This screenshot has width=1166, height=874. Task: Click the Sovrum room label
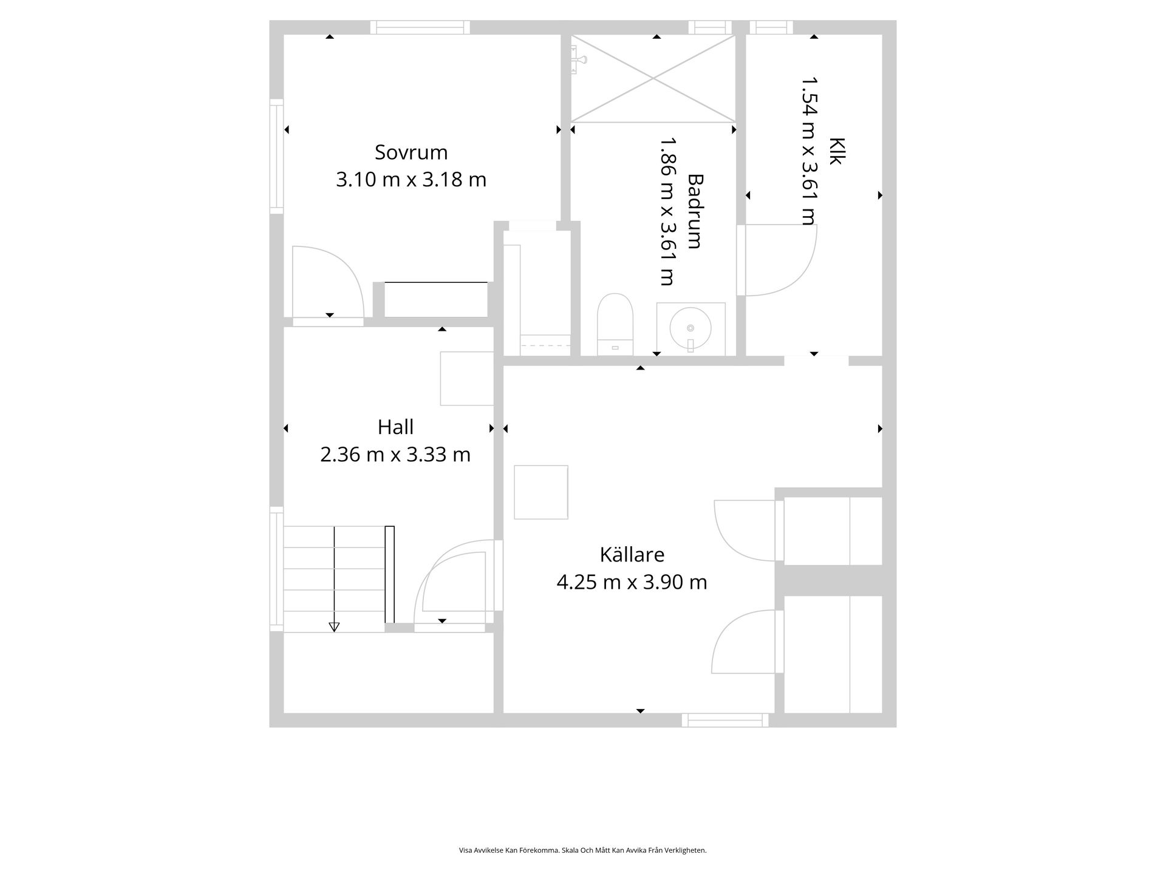[x=411, y=152]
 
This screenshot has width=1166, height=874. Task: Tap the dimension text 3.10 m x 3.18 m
[x=411, y=180]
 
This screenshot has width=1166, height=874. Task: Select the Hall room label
[x=395, y=427]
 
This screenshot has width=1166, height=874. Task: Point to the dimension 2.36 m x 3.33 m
[x=395, y=455]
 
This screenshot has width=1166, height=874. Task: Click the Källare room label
[x=632, y=555]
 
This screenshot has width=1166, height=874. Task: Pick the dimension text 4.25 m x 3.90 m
[x=632, y=583]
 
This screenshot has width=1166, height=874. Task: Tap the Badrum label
[x=695, y=211]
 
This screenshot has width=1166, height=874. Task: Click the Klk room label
[x=837, y=151]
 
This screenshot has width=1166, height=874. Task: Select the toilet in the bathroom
[x=615, y=325]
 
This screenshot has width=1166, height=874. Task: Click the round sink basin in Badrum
[x=690, y=328]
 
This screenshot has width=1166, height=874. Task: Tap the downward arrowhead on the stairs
[x=334, y=627]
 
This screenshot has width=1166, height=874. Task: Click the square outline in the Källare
[x=541, y=492]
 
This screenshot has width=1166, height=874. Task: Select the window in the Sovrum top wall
[x=420, y=27]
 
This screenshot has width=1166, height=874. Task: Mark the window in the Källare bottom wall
[x=725, y=720]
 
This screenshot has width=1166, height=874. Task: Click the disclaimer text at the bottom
[x=583, y=850]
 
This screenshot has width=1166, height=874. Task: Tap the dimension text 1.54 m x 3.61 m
[x=809, y=151]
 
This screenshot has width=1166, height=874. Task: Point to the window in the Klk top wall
[x=771, y=27]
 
